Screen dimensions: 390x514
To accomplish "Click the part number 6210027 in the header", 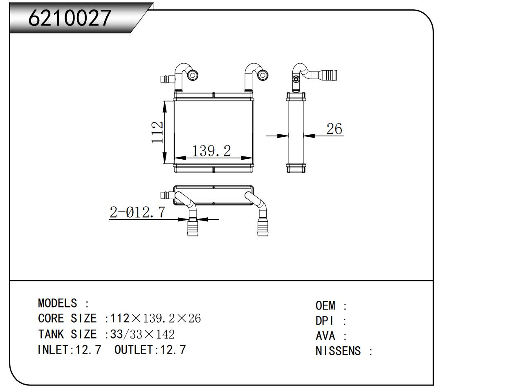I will point(70,18).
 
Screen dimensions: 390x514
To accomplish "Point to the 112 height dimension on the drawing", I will point(157,132).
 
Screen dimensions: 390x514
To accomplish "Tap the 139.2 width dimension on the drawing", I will point(211,151).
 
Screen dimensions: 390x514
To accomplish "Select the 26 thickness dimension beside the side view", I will point(334,129).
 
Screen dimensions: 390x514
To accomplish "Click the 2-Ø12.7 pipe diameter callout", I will point(137,212).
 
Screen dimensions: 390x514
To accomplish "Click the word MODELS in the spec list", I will point(57,303).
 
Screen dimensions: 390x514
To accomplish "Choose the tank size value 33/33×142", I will point(143,334).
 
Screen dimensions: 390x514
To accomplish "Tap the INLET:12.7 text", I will point(69,350).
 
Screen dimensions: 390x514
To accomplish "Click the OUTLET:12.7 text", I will point(150,350).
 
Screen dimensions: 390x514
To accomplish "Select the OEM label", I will point(325,306).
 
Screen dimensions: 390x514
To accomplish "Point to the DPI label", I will point(325,321).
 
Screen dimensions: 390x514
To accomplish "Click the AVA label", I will point(325,336).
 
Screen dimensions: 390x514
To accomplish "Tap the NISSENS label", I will point(338,351).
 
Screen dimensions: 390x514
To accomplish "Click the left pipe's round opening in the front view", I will point(193,75).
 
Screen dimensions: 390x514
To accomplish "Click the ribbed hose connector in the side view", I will point(328,75).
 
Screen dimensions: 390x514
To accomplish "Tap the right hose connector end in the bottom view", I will point(263,228).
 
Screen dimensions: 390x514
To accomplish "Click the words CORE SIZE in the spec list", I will point(67,319).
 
